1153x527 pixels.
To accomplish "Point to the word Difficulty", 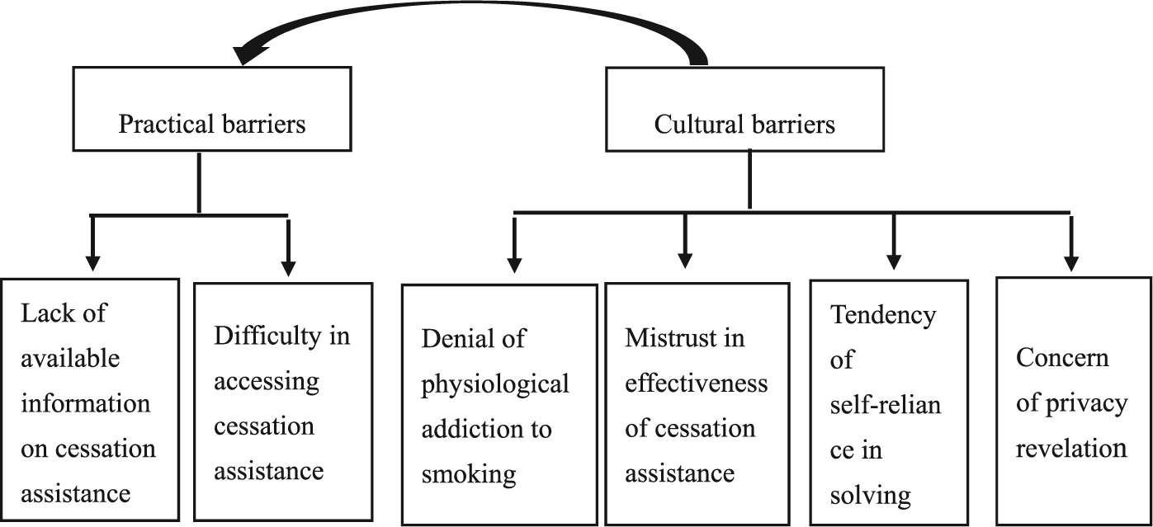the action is pyautogui.click(x=267, y=336).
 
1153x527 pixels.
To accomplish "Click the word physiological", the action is pyautogui.click(x=495, y=384).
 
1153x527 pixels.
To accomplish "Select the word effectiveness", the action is pyautogui.click(x=697, y=383).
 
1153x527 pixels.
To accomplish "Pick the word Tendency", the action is pyautogui.click(x=883, y=315).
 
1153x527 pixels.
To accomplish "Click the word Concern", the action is pyautogui.click(x=1062, y=357).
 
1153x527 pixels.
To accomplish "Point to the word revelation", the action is pyautogui.click(x=1071, y=449).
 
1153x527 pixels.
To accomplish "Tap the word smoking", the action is pyautogui.click(x=469, y=475).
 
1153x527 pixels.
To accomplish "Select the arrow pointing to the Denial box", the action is pyautogui.click(x=514, y=245).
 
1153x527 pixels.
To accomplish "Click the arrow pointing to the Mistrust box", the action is pyautogui.click(x=684, y=241).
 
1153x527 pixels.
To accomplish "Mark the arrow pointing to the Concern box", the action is pyautogui.click(x=1071, y=243).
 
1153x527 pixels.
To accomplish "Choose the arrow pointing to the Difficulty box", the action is pyautogui.click(x=288, y=247).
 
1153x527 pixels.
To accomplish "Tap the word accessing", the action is pyautogui.click(x=267, y=382).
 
